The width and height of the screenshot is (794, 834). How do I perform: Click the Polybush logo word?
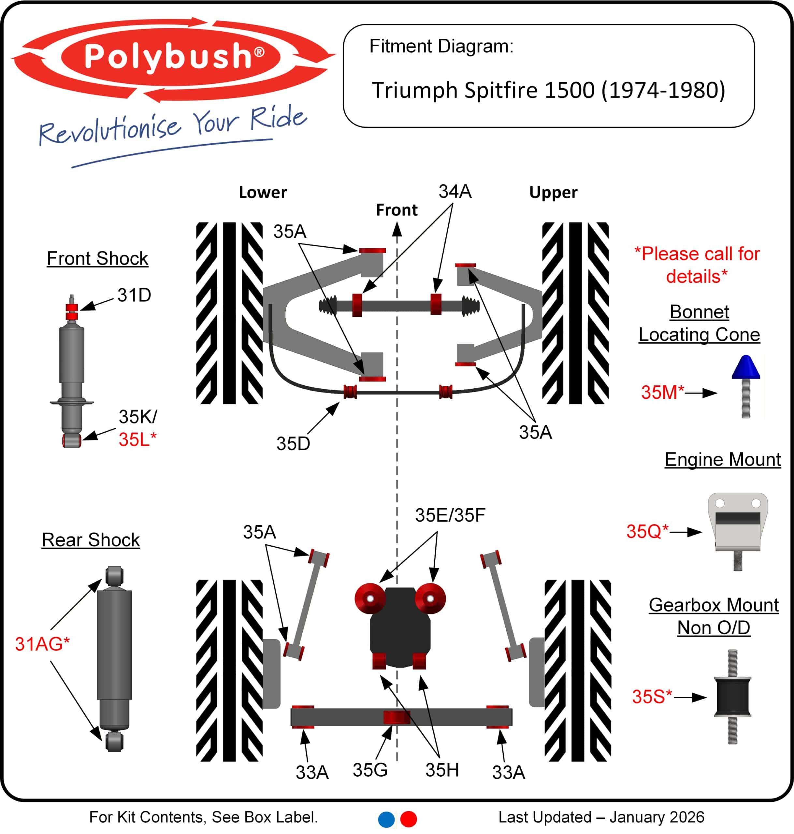[x=169, y=56]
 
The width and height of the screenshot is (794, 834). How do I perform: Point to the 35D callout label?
[x=293, y=444]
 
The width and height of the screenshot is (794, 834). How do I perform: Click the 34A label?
[x=455, y=192]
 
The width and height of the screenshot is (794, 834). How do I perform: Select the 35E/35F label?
[x=450, y=515]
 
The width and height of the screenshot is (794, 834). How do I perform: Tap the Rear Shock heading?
[x=91, y=540]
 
